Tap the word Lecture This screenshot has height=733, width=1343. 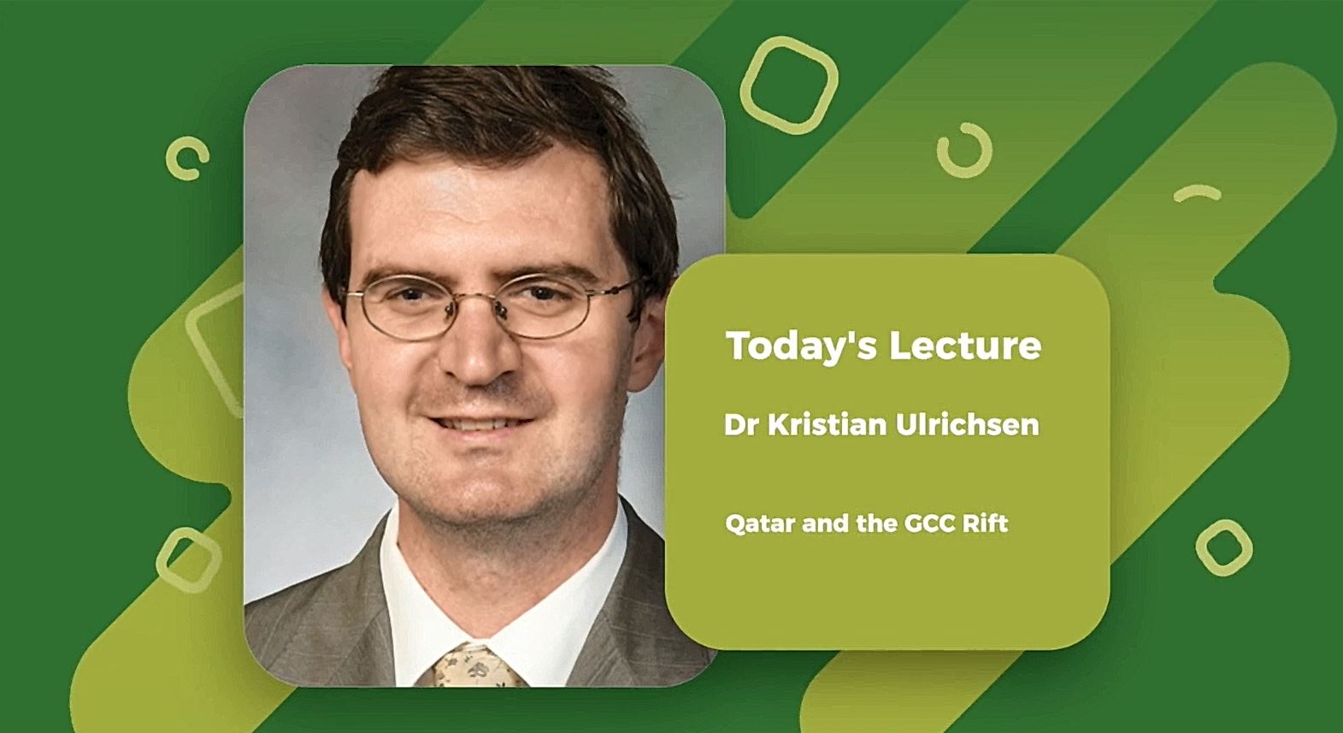point(965,346)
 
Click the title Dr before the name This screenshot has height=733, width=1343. point(741,425)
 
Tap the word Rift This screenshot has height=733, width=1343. point(985,523)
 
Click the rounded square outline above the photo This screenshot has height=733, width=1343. point(788,85)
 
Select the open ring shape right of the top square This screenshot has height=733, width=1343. point(964,151)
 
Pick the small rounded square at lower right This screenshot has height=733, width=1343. point(1223,547)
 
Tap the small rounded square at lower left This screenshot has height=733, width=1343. point(189,559)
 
